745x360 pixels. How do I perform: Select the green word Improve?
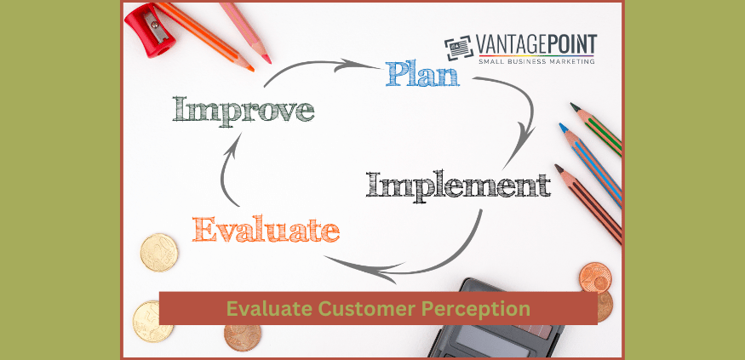point(244,110)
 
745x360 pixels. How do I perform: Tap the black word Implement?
point(457,184)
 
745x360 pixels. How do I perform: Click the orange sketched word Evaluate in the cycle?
point(266,229)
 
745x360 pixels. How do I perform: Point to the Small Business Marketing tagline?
point(536,60)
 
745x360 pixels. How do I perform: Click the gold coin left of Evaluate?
point(159,252)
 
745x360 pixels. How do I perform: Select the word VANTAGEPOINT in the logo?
point(536,44)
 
